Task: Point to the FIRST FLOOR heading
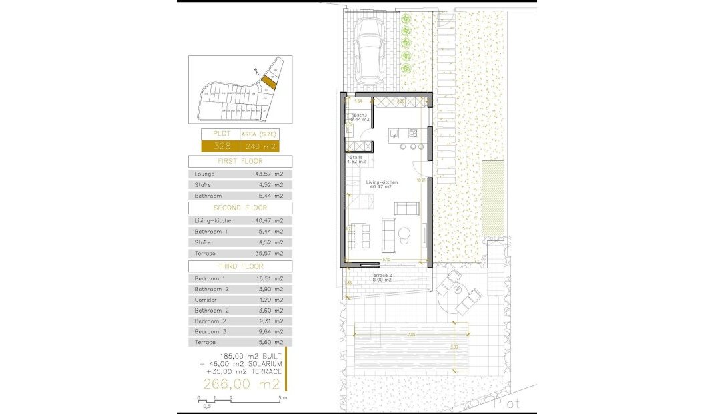point(240,162)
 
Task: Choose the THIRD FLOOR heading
point(240,266)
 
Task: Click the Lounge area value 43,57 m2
point(269,174)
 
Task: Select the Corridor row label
point(206,300)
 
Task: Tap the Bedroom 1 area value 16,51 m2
point(269,278)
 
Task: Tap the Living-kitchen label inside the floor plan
point(382,182)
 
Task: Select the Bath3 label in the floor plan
point(360,115)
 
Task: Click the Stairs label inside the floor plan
point(356,158)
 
